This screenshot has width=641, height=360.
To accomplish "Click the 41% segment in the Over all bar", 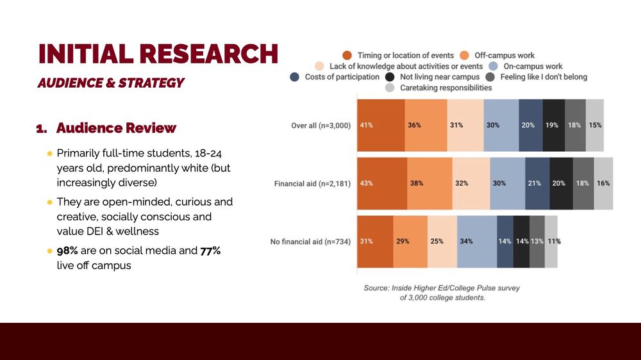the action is pos(381,125).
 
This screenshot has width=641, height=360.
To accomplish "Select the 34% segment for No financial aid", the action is pos(477,241).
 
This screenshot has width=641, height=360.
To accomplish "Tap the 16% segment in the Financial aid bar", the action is pos(603,183).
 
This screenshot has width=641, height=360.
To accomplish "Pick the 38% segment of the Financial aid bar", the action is pos(429,183).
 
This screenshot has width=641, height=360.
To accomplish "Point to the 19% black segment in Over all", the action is pos(554,125).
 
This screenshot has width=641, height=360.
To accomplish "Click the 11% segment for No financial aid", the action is pos(551,241).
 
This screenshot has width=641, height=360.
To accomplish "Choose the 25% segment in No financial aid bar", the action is pos(442,241).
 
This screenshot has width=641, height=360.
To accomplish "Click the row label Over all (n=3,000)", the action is pos(321,126).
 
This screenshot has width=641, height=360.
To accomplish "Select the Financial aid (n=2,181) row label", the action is pos(312,184).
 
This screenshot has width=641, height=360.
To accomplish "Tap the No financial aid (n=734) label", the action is pos(310,242).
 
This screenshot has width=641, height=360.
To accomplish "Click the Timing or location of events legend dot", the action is pos(347,56).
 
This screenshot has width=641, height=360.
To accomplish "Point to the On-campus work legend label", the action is pos(533,66).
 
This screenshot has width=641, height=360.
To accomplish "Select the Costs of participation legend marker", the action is pos(294,77).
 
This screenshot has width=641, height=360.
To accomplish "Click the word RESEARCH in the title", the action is pos(208,54).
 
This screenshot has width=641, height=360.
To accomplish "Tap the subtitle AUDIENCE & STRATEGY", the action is pos(111,83).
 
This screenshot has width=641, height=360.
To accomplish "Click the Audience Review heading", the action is pos(116,128).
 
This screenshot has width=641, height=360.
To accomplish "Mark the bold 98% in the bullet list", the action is pos(67,250).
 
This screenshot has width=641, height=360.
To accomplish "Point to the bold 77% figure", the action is pos(210,250).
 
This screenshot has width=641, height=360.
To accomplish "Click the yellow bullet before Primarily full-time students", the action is pos(50,154).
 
